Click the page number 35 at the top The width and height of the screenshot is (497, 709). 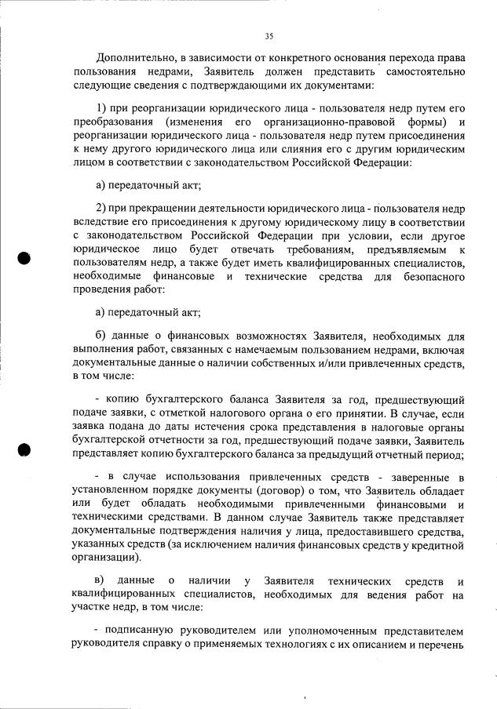tap(269, 36)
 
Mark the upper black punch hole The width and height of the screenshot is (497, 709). tap(25, 258)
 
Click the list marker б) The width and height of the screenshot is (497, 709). tap(100, 334)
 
